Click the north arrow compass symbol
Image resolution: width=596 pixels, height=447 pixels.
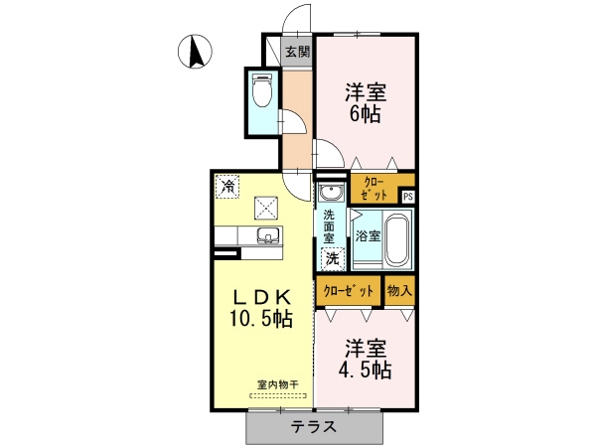click(195, 52)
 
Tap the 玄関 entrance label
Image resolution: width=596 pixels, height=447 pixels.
click(298, 52)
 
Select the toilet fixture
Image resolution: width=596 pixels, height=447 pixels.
click(261, 90)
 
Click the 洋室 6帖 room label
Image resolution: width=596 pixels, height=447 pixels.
click(366, 102)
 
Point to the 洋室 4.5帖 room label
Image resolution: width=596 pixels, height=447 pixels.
click(366, 359)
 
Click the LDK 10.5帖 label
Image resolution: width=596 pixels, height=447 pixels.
click(260, 308)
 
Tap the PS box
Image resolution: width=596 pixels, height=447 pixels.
click(408, 197)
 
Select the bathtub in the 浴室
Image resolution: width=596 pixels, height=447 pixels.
click(397, 239)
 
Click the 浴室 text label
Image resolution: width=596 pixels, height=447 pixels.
click(368, 236)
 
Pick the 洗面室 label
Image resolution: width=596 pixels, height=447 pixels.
click(329, 226)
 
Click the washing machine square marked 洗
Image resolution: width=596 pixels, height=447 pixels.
click(333, 259)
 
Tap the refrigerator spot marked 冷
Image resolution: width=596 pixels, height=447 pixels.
click(227, 187)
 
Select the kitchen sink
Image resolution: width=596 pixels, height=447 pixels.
click(269, 235)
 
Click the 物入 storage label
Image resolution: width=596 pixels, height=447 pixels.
click(399, 291)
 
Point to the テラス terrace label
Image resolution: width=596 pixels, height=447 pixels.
click(314, 427)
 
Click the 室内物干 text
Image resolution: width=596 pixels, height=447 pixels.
click(278, 385)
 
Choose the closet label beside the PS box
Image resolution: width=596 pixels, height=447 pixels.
click(375, 189)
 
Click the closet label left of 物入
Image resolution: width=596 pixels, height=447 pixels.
click(348, 291)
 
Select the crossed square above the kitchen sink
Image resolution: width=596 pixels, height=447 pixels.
click(266, 208)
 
